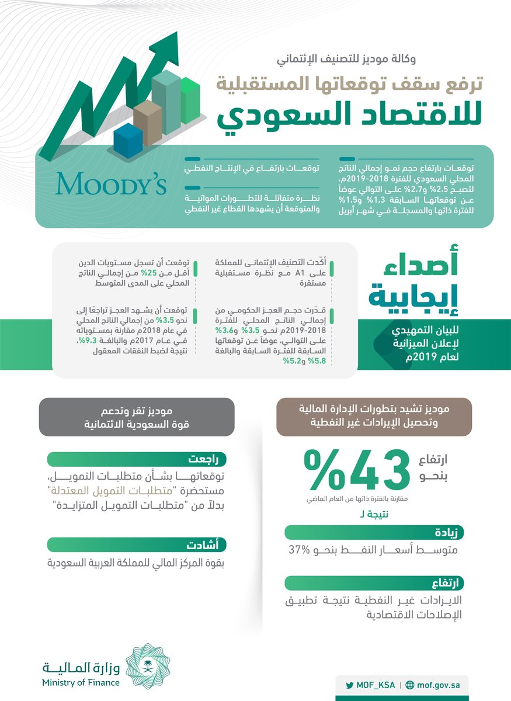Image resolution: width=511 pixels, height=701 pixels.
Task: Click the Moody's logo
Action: coord(111,183)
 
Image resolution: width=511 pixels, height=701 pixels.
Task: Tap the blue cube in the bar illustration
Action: coord(128,141)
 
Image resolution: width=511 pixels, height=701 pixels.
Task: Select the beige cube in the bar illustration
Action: coord(148,123)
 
